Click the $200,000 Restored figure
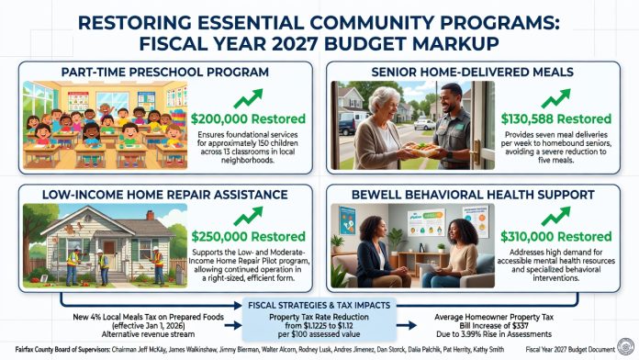pos(248,119)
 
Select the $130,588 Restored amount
pos(555,119)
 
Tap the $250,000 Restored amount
pos(248,236)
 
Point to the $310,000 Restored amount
pos(555,236)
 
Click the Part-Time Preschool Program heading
pos(164,73)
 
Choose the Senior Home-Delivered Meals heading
pos(472,73)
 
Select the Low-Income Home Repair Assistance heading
pos(164,195)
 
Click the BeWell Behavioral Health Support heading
pos(473,195)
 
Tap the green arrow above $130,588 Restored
pos(555,98)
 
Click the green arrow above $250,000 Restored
pos(248,216)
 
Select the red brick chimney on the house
pos(150,215)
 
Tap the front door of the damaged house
pos(109,253)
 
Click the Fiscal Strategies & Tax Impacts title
pos(319,306)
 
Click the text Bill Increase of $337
pos(494,326)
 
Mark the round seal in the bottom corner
pos(625,347)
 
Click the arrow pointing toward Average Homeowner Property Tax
pos(407,325)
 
